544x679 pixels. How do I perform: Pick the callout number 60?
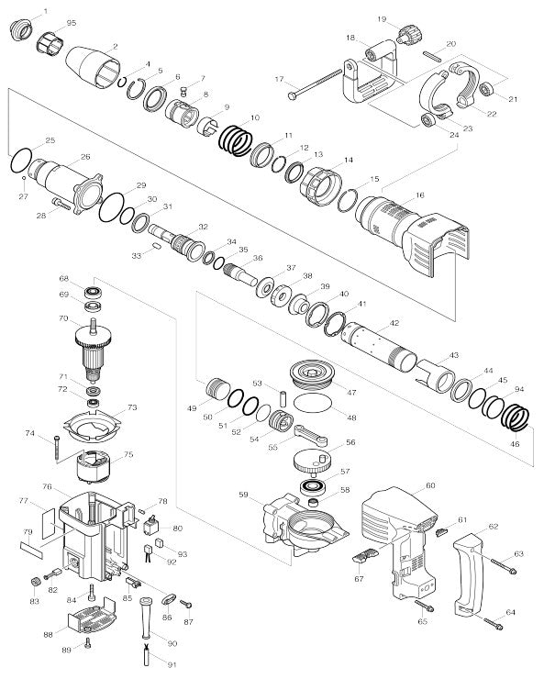click(430, 485)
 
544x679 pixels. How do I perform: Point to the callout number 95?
click(72, 22)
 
